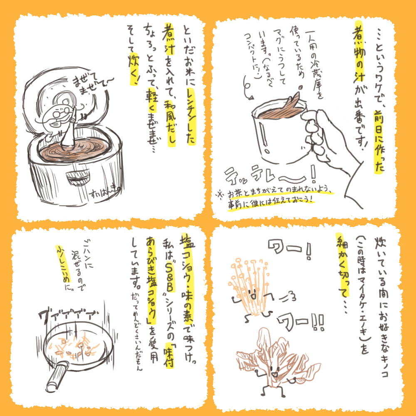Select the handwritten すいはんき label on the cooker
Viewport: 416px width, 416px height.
(106, 193)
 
